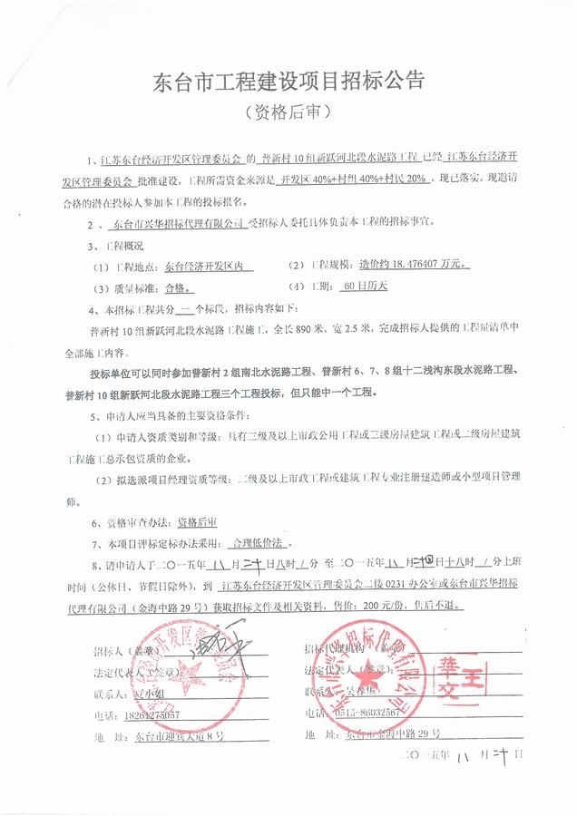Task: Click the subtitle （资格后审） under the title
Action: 288,113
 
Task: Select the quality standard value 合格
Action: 178,288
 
